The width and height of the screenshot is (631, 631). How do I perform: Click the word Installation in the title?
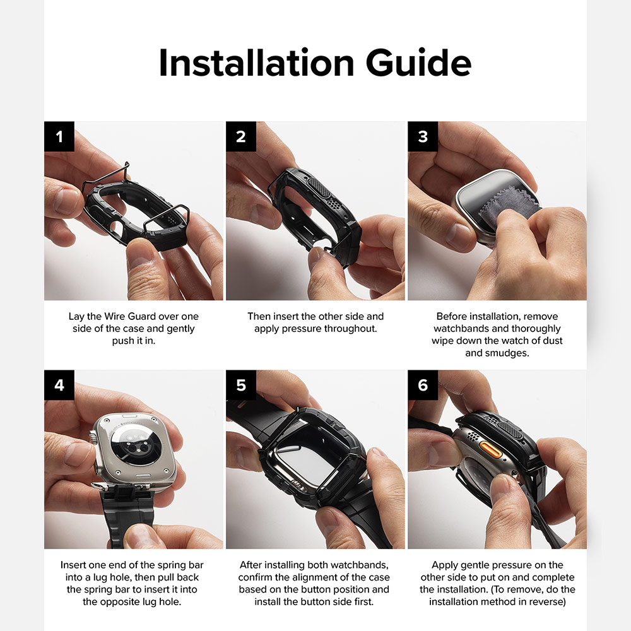tap(256, 62)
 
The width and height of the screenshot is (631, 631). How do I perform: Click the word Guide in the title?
tap(418, 62)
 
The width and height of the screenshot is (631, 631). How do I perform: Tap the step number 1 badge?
tap(59, 136)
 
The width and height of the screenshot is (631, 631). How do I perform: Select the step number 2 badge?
tap(241, 136)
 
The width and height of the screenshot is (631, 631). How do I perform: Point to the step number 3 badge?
tap(423, 136)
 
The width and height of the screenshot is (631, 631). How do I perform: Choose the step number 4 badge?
tap(59, 385)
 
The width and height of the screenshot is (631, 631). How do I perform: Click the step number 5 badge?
tap(241, 385)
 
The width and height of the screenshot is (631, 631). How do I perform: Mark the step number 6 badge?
tap(423, 385)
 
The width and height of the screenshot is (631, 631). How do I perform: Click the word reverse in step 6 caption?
tap(546, 601)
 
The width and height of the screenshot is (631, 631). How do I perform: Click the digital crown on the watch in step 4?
tap(93, 437)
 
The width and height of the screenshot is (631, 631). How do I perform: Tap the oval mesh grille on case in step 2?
tap(319, 187)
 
